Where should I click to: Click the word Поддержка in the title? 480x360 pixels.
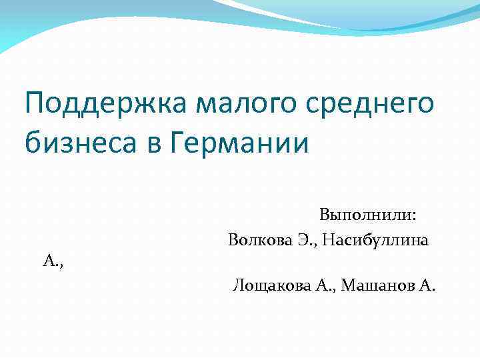[107, 105]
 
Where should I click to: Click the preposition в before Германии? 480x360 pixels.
[159, 143]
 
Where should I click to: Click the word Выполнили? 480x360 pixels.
[365, 215]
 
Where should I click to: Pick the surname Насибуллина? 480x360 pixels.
[375, 239]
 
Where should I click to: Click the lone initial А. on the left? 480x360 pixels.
[53, 263]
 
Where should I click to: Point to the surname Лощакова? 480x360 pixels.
[271, 286]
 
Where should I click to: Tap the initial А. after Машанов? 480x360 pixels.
[427, 286]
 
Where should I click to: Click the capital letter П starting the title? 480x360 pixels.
[33, 105]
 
